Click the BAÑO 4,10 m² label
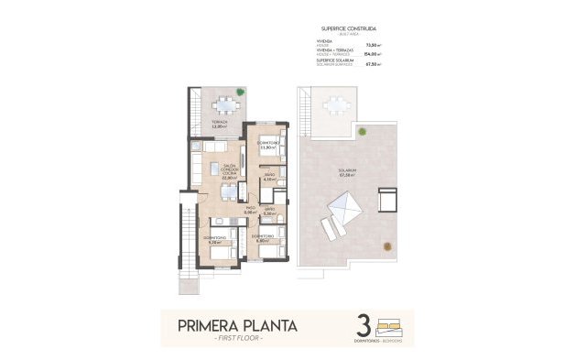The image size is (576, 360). click(x=269, y=178)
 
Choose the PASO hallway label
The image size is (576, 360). click(x=250, y=209)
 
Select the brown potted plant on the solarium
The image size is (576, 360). click(x=387, y=246)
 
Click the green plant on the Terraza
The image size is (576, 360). click(x=241, y=92)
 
